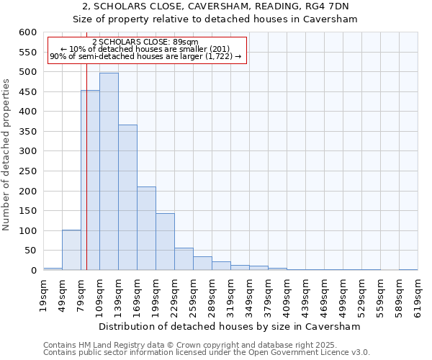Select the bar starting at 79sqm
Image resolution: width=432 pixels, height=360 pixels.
(90, 180)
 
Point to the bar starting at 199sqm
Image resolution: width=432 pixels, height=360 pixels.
(165, 242)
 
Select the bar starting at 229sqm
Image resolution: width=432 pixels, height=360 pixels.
(184, 259)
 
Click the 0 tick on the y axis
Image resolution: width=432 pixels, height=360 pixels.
(33, 271)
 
